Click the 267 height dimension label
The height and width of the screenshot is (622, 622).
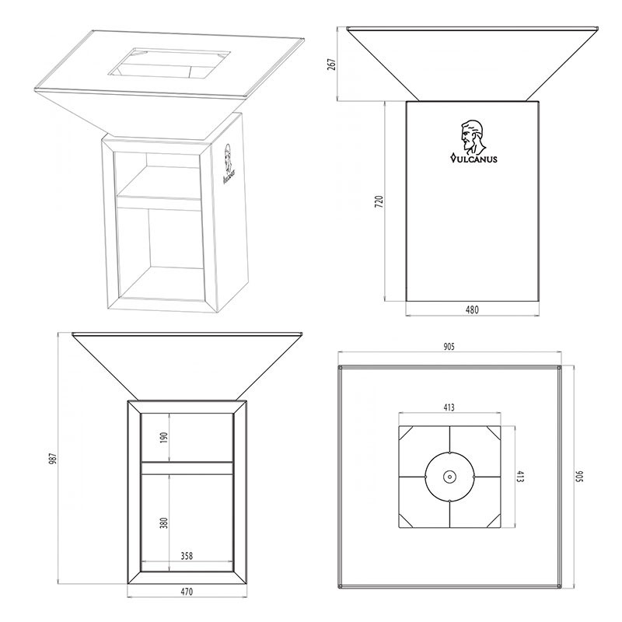pyautogui.click(x=332, y=65)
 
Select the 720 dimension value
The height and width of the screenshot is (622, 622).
pyautogui.click(x=379, y=202)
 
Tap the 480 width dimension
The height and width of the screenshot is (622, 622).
pyautogui.click(x=472, y=309)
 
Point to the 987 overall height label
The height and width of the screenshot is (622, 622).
pyautogui.click(x=54, y=458)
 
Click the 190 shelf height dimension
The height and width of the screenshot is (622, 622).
pyautogui.click(x=164, y=438)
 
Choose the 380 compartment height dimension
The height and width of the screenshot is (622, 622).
pyautogui.click(x=164, y=522)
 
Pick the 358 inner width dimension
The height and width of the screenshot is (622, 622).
pyautogui.click(x=187, y=556)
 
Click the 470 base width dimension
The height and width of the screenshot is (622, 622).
pyautogui.click(x=187, y=592)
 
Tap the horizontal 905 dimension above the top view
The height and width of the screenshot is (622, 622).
pyautogui.click(x=449, y=347)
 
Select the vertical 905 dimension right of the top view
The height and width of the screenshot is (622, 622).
pyautogui.click(x=578, y=476)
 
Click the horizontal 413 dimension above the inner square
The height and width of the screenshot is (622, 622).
pyautogui.click(x=449, y=407)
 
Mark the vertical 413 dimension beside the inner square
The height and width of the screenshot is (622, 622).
pyautogui.click(x=520, y=477)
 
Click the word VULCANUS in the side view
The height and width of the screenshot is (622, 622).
pyautogui.click(x=473, y=159)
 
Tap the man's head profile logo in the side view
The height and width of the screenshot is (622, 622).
pyautogui.click(x=473, y=138)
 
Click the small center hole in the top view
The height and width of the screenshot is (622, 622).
pyautogui.click(x=450, y=477)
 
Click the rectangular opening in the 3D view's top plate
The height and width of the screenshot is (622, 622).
pyautogui.click(x=169, y=63)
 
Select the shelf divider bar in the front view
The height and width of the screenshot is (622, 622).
pyautogui.click(x=187, y=468)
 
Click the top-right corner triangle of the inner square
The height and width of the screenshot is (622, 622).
pyautogui.click(x=493, y=434)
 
